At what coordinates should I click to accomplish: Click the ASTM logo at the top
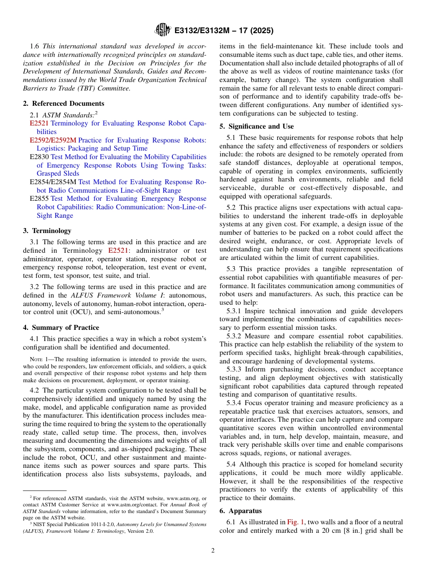[162, 30]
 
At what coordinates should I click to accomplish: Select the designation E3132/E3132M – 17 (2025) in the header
[224, 30]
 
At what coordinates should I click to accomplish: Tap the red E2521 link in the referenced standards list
[39, 123]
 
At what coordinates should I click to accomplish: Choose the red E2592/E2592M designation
[53, 140]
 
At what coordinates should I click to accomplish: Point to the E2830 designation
[39, 157]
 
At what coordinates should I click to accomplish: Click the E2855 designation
[39, 199]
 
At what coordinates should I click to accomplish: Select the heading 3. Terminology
[47, 231]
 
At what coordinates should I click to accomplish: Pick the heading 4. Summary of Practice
[61, 328]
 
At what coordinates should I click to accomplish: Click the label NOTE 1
[39, 359]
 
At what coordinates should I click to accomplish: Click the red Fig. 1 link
[296, 522]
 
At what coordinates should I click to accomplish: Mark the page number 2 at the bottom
[213, 551]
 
